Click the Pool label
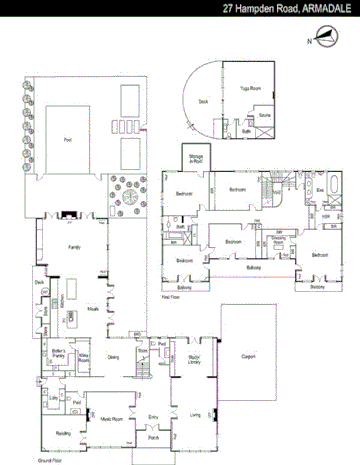click(67, 139)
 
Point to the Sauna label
click(264, 116)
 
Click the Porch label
click(154, 438)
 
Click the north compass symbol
click(321, 41)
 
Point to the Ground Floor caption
click(51, 461)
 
